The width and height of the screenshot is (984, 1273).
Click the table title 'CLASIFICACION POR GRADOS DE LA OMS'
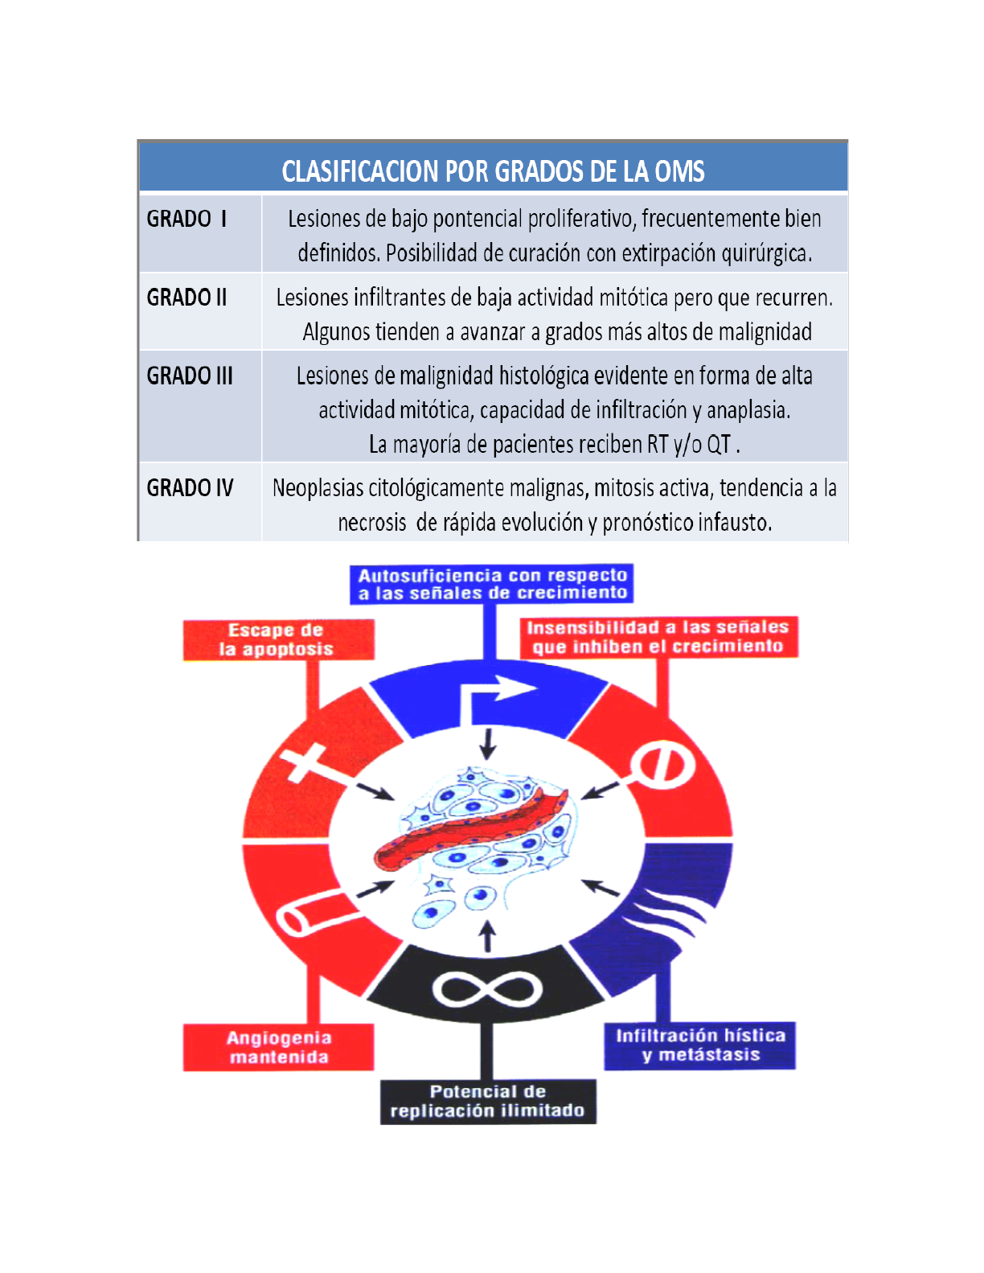(x=493, y=171)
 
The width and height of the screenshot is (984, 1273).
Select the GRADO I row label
(x=187, y=219)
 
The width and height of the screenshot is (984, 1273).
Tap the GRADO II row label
(x=187, y=298)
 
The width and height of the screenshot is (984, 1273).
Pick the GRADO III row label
(x=190, y=376)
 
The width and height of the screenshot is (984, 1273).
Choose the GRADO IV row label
(x=190, y=488)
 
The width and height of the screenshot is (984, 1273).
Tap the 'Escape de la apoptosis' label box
(x=278, y=640)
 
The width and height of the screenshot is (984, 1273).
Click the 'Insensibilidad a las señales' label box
(x=658, y=637)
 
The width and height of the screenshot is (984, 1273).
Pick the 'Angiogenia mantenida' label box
(x=278, y=1047)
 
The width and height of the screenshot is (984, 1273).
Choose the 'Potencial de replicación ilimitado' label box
(x=488, y=1102)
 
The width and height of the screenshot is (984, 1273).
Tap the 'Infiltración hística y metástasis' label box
(x=699, y=1045)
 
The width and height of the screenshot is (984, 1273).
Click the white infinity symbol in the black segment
(x=487, y=988)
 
